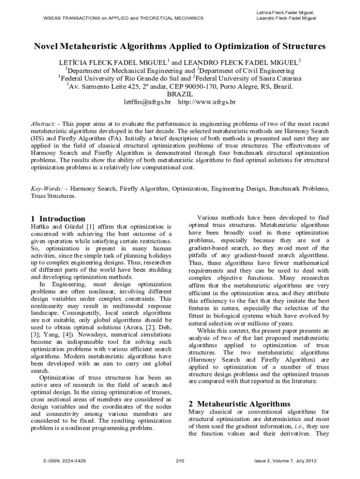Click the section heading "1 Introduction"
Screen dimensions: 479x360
coord(58,219)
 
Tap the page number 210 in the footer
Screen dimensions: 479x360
coord(180,461)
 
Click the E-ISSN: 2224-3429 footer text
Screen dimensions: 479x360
coord(64,461)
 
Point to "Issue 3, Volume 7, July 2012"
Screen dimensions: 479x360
coord(285,461)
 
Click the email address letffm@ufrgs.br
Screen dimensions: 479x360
coord(147,102)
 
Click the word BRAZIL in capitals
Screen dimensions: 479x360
coord(180,94)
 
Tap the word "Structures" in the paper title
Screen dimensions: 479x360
coord(302,47)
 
